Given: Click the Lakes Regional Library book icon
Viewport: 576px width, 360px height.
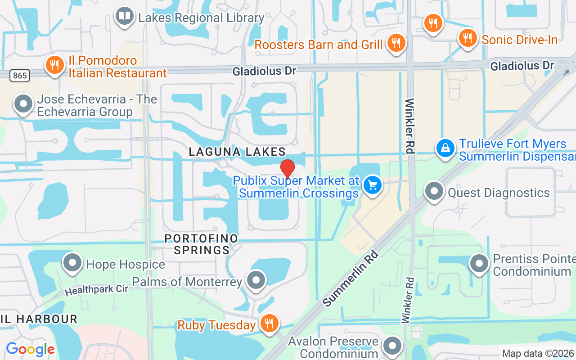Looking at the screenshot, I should (x=125, y=16).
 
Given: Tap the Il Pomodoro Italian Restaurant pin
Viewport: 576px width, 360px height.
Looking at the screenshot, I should (x=55, y=66).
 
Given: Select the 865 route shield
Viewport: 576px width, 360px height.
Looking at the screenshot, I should (x=20, y=75).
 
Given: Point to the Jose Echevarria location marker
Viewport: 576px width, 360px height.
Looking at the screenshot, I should (x=23, y=104).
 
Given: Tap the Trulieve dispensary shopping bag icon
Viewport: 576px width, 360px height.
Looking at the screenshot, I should (x=445, y=148).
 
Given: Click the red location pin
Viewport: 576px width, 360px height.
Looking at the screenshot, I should (x=288, y=169).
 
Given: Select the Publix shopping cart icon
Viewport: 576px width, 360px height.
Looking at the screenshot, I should (x=373, y=185).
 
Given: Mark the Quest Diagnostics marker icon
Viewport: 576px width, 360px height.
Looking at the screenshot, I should (x=434, y=192).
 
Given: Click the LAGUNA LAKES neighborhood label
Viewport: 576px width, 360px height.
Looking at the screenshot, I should (x=237, y=152).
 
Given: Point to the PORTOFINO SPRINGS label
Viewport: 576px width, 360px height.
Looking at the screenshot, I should (x=201, y=244).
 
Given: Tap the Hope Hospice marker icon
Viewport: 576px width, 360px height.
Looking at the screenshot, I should (x=72, y=263).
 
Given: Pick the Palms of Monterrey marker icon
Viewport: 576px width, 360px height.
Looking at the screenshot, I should (x=256, y=280).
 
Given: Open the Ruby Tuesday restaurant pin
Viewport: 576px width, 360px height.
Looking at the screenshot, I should (x=269, y=324).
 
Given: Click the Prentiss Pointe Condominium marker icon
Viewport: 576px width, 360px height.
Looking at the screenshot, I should (x=479, y=264).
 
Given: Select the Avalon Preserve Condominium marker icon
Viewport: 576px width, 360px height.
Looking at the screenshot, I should (x=392, y=346).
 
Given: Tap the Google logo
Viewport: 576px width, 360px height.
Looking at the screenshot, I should (x=30, y=349).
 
